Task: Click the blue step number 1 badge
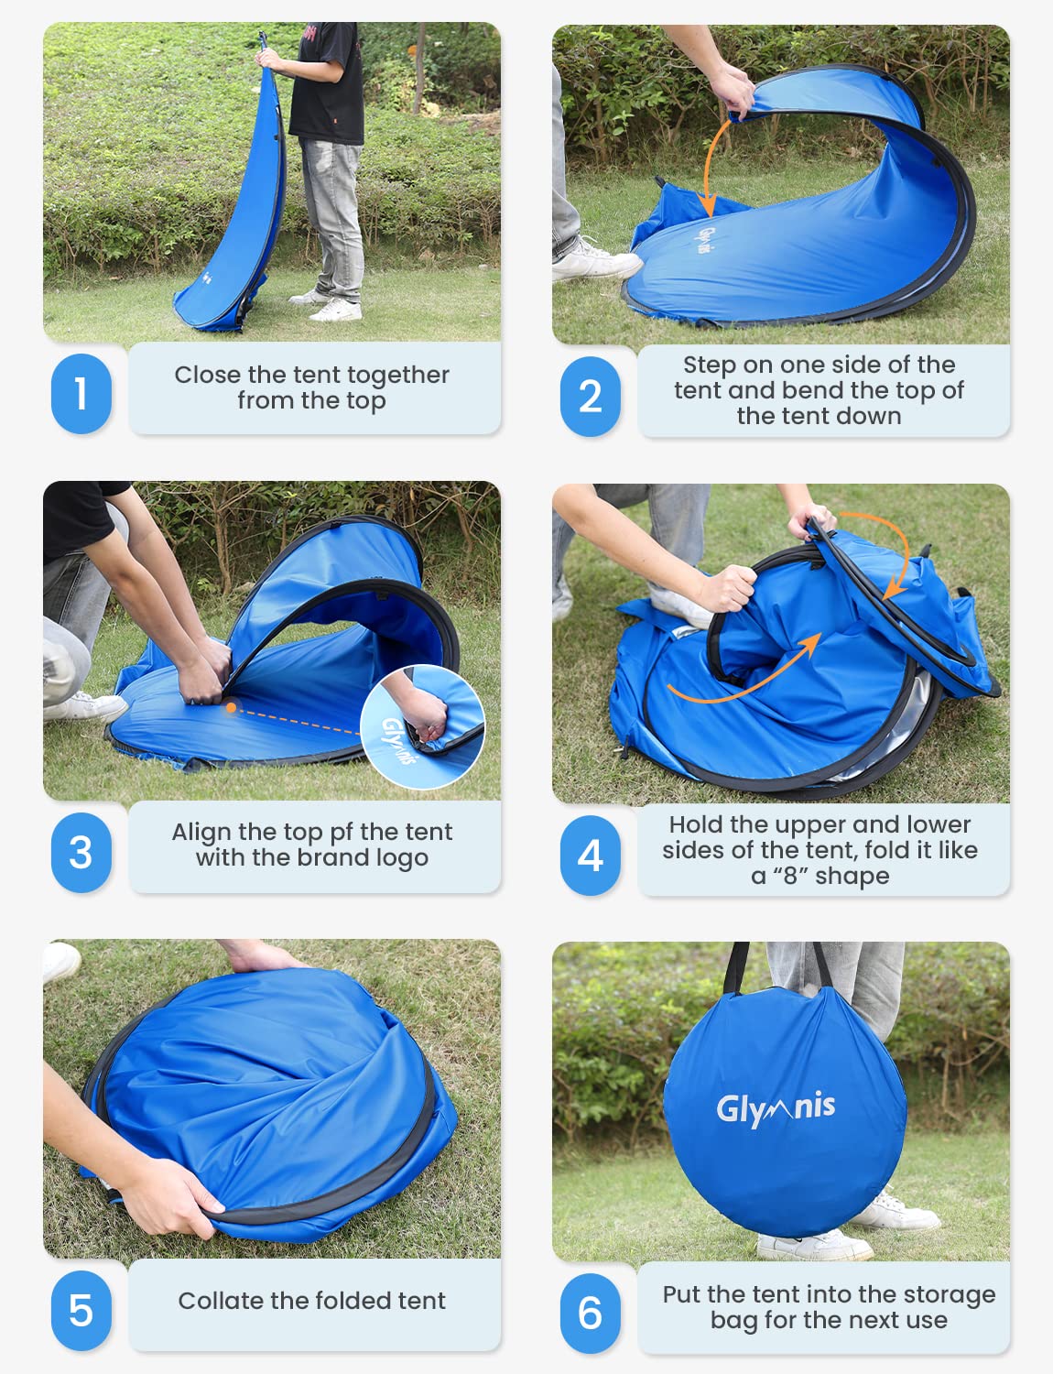81,394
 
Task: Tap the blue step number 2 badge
590,397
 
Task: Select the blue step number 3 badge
81,853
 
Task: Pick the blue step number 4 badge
590,856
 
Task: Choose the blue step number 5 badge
81,1311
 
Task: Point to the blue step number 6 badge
590,1314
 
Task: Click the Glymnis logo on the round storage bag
776,1108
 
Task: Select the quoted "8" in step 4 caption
790,876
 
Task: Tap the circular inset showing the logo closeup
422,726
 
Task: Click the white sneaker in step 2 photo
595,263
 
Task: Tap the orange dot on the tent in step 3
232,707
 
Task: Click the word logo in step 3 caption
401,858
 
